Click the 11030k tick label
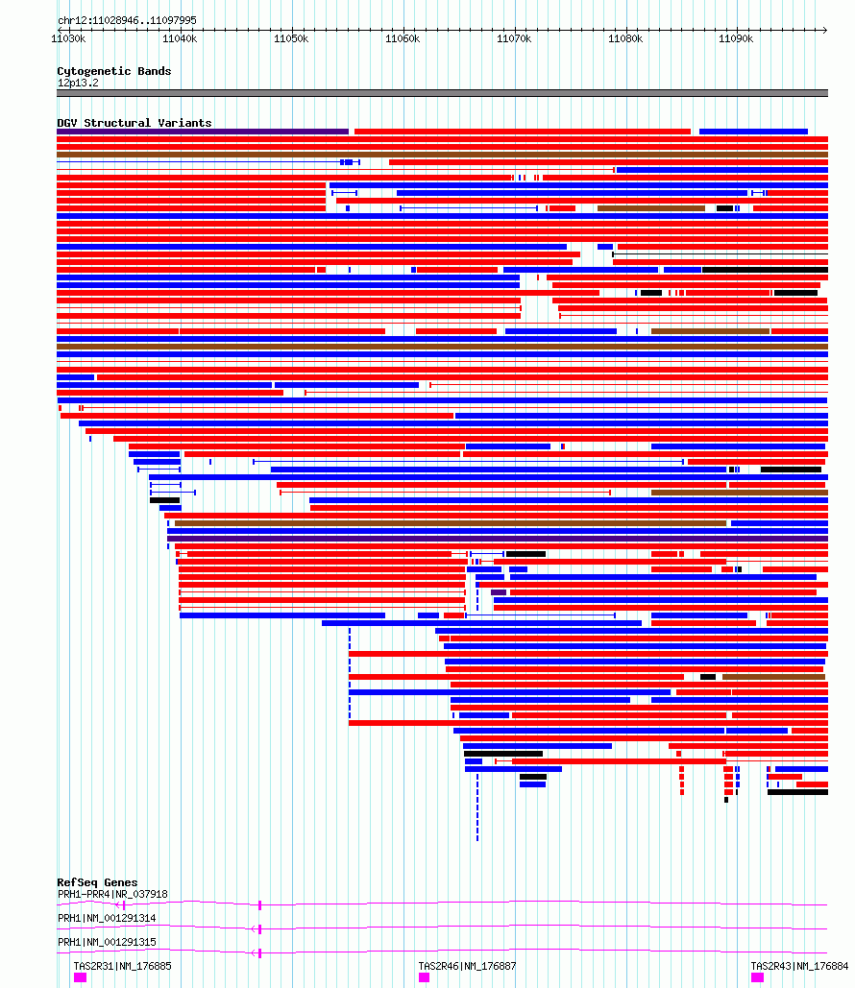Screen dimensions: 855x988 [68, 39]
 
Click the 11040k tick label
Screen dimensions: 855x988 [180, 39]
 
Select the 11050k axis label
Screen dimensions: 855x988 [291, 39]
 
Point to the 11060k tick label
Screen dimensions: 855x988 [403, 39]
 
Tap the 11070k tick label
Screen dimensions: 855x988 [514, 39]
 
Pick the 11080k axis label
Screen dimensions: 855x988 [625, 39]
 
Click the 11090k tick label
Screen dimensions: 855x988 [736, 39]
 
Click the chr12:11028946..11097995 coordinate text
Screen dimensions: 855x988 [127, 20]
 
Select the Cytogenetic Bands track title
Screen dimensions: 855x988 [114, 71]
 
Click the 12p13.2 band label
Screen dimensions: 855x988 [78, 84]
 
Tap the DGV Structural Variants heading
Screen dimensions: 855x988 [134, 123]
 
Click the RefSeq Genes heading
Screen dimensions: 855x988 [97, 882]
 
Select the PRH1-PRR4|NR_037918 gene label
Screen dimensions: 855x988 [112, 894]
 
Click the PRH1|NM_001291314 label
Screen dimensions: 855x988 [107, 918]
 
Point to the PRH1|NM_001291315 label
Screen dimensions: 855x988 [107, 942]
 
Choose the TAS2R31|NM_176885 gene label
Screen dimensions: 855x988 [122, 966]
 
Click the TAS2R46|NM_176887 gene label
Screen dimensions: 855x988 [467, 966]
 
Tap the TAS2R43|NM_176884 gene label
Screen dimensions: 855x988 [799, 966]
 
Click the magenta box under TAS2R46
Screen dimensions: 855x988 [425, 977]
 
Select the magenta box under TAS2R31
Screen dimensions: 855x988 [80, 977]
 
